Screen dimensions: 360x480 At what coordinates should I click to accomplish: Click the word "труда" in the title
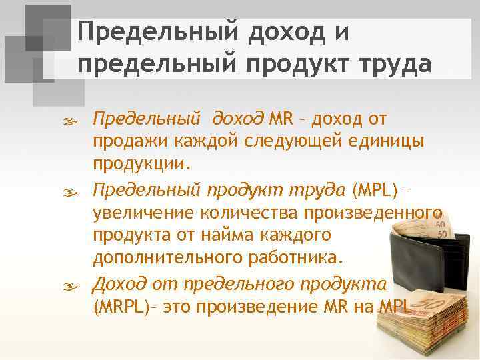(x=394, y=65)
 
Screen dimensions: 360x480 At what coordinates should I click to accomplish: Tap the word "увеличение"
(x=140, y=213)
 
